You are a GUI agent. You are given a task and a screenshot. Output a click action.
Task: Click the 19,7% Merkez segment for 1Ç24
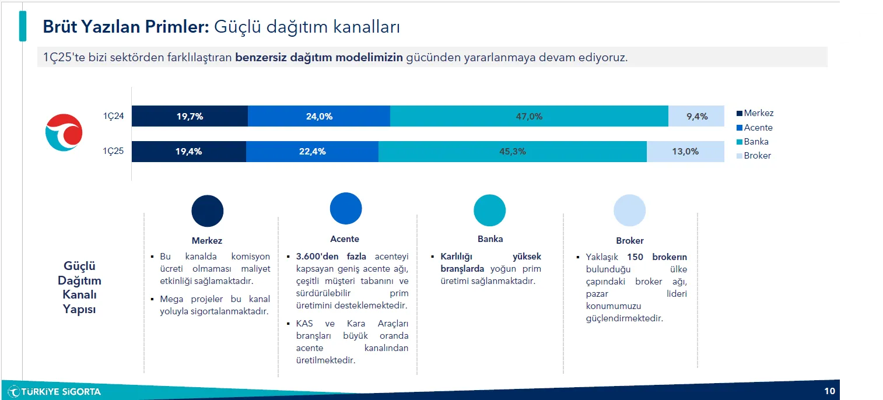coord(190,116)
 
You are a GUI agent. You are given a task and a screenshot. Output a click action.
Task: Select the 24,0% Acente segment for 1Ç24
coord(319,116)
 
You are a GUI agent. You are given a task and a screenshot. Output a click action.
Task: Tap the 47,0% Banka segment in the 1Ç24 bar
coord(529,116)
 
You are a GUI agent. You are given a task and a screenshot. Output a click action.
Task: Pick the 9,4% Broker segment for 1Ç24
coord(696,116)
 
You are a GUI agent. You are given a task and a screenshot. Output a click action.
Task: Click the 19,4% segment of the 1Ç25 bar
coord(189,152)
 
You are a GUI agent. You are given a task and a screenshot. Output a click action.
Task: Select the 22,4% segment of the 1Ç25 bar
coord(312,152)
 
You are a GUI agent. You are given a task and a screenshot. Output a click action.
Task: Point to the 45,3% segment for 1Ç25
coord(513,152)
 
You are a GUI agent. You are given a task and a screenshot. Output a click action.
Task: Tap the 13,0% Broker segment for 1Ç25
coord(685,152)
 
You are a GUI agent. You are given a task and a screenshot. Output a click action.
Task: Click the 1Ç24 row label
coord(113,116)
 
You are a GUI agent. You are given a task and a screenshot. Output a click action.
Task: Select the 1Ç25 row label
coord(113,151)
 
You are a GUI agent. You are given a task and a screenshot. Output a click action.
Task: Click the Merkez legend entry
coord(755,113)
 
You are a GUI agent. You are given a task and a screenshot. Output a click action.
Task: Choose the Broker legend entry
coord(754,156)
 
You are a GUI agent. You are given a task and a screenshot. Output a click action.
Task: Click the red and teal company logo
coord(64,132)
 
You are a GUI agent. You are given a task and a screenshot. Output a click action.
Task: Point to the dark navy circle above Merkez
coord(208,211)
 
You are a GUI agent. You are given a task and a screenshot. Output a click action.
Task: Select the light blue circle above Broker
coord(629,210)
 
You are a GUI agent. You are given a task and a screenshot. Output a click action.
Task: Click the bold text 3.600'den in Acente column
coord(317,257)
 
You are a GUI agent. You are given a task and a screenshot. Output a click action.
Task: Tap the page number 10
coord(829,391)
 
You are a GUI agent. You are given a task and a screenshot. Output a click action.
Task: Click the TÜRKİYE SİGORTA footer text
coord(61,392)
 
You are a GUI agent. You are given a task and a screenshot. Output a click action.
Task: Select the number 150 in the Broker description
coord(635,257)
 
